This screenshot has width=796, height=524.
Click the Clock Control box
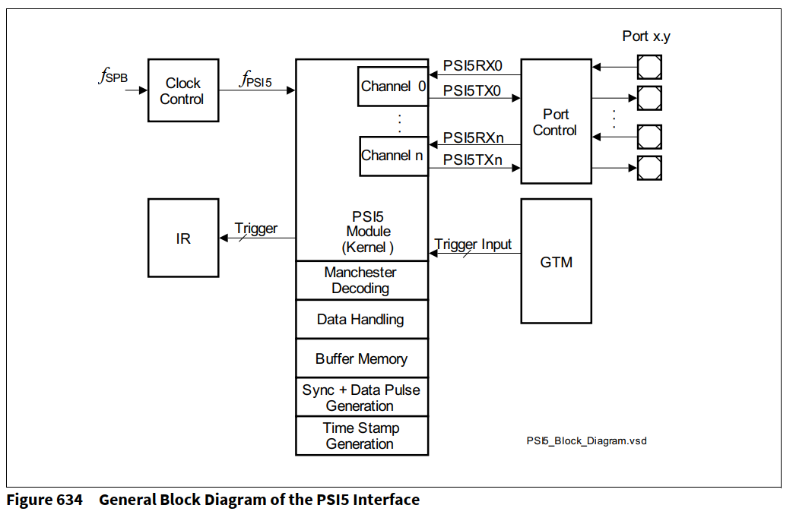(182, 91)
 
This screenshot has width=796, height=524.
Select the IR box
(182, 238)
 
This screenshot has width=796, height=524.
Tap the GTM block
(556, 262)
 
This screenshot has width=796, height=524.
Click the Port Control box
(556, 122)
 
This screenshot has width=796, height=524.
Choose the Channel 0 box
(392, 87)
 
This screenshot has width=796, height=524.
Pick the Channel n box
(392, 156)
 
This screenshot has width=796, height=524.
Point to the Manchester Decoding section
(361, 280)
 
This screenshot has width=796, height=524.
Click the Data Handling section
(361, 320)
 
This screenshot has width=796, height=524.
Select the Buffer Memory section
(361, 358)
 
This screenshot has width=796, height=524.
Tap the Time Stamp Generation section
(361, 436)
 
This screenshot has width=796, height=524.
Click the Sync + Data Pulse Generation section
(361, 397)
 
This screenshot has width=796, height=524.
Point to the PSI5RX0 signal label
(472, 66)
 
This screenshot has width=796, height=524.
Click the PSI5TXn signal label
(472, 159)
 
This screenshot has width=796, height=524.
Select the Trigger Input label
(473, 245)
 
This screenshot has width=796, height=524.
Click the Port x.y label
(646, 36)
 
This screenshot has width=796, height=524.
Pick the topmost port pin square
(649, 67)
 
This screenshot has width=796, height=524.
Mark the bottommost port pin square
(649, 168)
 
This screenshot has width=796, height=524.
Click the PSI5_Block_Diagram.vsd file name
(586, 440)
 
